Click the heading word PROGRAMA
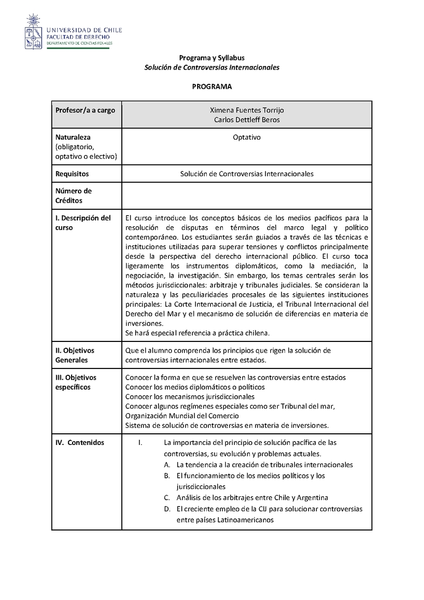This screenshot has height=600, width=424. point(212,86)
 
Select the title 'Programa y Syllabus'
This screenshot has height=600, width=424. point(212,58)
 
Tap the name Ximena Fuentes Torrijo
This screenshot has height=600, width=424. point(247,110)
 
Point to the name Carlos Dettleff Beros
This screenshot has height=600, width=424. point(247,119)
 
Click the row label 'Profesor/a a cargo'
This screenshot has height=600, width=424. point(85,110)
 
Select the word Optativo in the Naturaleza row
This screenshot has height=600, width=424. point(247,138)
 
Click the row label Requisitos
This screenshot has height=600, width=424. point(72,174)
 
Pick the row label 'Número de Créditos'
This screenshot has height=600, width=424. point(74,196)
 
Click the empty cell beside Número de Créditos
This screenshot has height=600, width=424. point(247,196)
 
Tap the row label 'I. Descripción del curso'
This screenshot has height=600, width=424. point(83,222)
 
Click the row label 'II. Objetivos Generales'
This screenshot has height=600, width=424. point(75,355)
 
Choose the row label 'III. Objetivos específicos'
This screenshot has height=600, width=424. point(76,382)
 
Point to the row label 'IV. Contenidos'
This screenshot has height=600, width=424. point(80,442)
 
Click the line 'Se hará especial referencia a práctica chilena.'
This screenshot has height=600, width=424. point(198,333)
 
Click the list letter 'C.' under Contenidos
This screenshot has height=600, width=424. point(167,498)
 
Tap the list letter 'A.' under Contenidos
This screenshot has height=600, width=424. point(167,465)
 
